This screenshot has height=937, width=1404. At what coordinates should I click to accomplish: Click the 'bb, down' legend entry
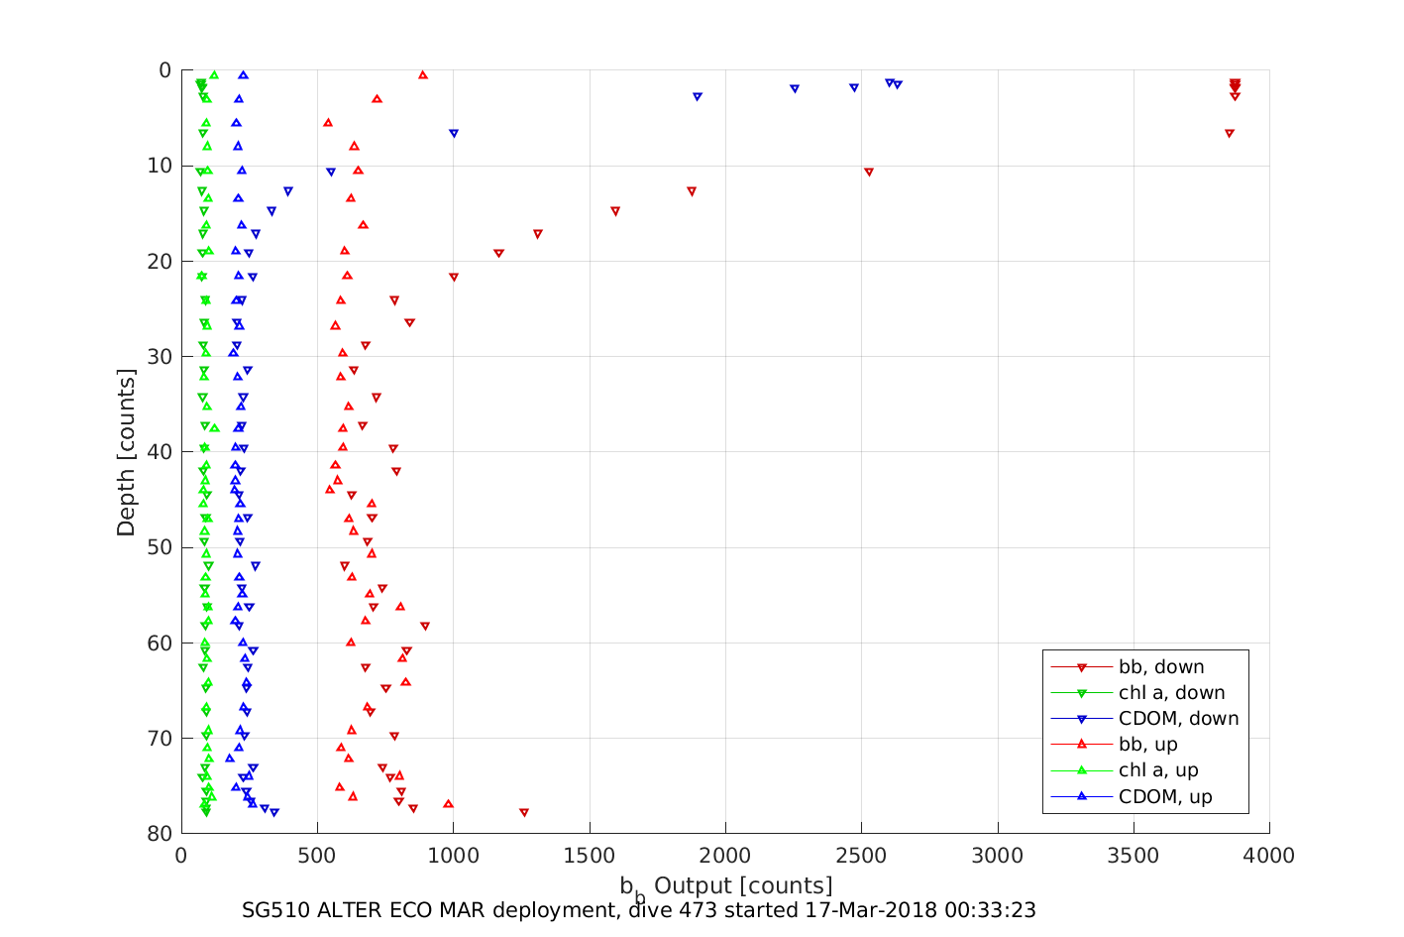[1160, 667]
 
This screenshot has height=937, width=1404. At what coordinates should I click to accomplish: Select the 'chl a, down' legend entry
[1171, 693]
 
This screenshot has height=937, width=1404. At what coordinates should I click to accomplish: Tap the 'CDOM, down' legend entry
[1178, 719]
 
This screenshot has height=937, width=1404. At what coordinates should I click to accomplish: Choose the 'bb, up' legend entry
[1147, 745]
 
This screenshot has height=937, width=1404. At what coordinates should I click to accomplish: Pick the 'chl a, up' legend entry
[1158, 770]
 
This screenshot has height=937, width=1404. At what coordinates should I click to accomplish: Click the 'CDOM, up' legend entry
[1165, 796]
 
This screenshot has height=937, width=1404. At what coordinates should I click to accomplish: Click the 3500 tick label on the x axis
[1134, 856]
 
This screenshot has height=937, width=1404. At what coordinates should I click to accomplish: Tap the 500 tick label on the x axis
[317, 856]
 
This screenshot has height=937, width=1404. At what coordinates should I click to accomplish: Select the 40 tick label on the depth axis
[159, 452]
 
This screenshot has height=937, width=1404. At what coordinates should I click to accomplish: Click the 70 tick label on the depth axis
[159, 739]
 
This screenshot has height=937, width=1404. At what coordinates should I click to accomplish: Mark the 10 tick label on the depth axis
[159, 166]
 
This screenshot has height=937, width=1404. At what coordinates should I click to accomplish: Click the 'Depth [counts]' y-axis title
[126, 452]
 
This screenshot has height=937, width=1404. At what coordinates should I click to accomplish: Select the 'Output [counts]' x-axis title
[743, 885]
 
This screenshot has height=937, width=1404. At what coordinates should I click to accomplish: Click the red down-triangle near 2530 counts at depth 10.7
[869, 173]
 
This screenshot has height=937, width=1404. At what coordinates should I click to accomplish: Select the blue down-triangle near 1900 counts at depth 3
[698, 97]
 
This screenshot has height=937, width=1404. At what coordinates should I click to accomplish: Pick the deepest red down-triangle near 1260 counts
[524, 813]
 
